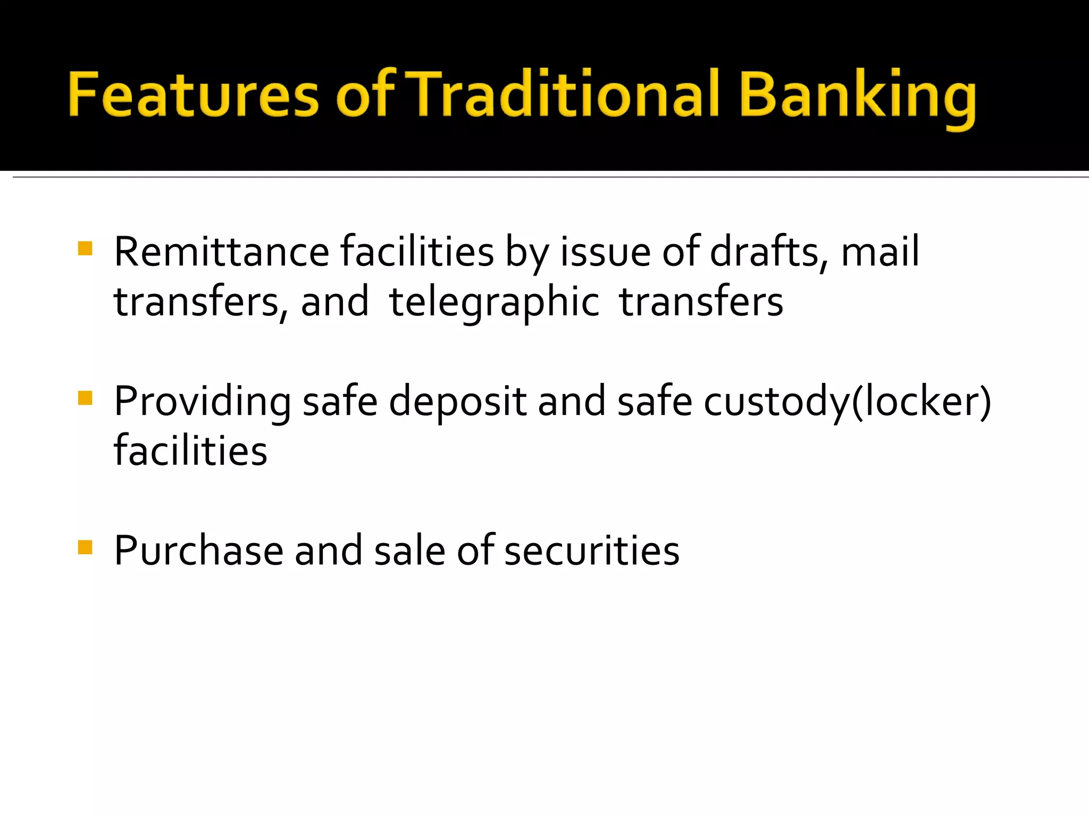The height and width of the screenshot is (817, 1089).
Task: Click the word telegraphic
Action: click(495, 302)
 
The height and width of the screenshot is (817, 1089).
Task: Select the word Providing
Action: click(203, 402)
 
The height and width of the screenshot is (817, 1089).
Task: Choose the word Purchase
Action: click(198, 551)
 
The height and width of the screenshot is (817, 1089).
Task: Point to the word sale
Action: click(409, 551)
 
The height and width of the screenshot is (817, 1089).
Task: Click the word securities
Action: click(592, 551)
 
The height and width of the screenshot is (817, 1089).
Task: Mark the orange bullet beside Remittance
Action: click(85, 248)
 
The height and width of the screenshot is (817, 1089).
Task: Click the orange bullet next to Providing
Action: click(85, 398)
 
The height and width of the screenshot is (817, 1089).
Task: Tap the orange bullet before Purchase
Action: click(85, 547)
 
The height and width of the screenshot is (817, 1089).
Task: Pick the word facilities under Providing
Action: click(190, 451)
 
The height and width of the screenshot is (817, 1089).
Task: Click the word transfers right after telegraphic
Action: click(701, 301)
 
